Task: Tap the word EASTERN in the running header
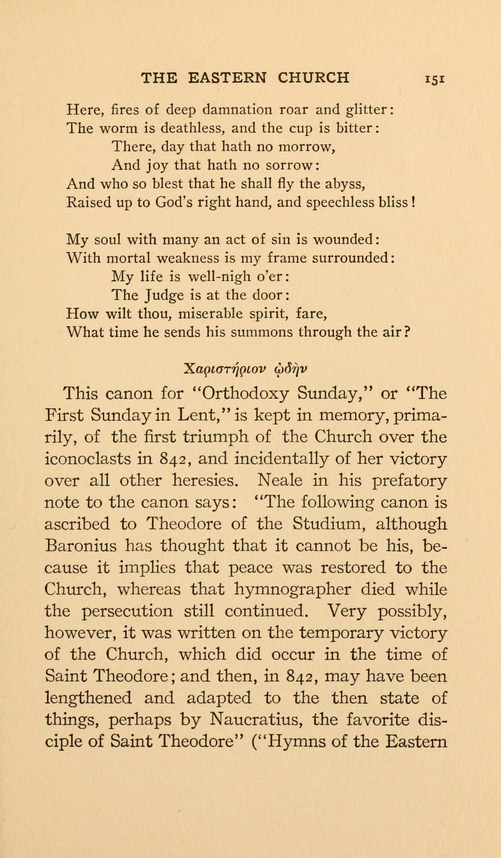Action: tap(227, 78)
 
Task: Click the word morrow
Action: tap(305, 147)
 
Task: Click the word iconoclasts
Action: tap(88, 459)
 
